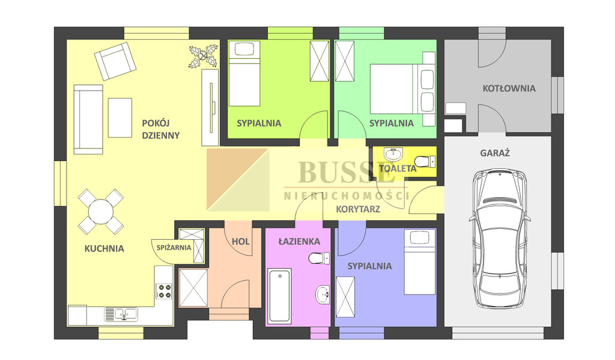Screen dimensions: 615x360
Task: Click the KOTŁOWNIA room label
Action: click(x=509, y=88)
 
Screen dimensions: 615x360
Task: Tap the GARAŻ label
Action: click(x=495, y=153)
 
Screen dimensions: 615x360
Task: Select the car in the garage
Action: click(x=499, y=239)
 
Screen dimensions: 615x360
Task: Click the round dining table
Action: click(x=101, y=212)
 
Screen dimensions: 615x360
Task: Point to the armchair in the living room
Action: click(x=115, y=61)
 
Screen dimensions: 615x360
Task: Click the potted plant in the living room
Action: click(x=203, y=56)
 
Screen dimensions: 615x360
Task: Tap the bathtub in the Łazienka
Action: click(x=279, y=296)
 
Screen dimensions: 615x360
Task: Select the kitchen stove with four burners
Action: click(x=164, y=291)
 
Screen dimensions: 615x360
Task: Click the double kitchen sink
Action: click(x=121, y=314)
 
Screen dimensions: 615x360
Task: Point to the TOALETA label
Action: click(x=398, y=169)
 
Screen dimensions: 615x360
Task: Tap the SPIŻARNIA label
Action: click(x=174, y=248)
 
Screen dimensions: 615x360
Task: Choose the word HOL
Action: click(x=240, y=242)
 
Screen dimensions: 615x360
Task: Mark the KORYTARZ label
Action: click(x=358, y=209)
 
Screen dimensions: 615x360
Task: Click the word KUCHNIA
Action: click(x=105, y=248)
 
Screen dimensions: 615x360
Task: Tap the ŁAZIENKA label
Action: click(x=299, y=242)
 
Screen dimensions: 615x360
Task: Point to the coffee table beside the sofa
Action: click(x=120, y=118)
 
